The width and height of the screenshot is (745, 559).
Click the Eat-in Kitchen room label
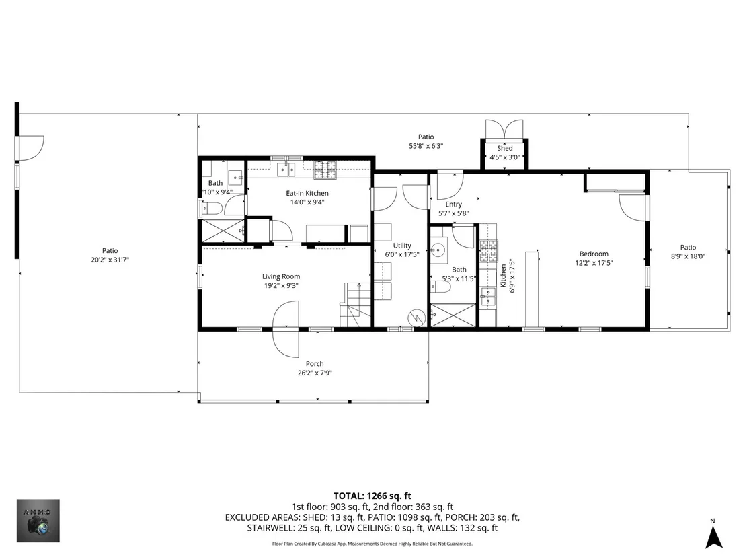[307, 194]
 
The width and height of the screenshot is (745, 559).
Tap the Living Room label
[281, 276]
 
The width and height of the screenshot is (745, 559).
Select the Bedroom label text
[594, 254]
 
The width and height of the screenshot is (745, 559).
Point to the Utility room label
[402, 246]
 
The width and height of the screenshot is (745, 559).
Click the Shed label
[504, 148]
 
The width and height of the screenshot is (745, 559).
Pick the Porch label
[315, 364]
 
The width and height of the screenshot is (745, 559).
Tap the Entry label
[453, 204]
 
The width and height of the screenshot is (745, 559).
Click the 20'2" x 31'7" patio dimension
[110, 260]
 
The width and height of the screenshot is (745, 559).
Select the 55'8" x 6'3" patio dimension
[426, 146]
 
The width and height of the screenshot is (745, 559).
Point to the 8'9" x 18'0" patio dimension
[688, 256]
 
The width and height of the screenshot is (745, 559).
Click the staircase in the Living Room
[355, 304]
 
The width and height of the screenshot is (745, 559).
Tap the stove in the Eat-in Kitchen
[325, 170]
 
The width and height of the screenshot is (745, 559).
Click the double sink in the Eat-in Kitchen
[286, 169]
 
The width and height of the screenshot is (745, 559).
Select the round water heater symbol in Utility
[417, 317]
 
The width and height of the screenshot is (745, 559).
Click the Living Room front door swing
[286, 329]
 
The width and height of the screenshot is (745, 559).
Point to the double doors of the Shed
[504, 129]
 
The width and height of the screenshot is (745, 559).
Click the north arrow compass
[713, 534]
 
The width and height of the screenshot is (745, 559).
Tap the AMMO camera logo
[38, 521]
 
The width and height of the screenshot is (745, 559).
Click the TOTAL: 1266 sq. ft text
[372, 496]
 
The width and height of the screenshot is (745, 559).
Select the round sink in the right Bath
[438, 249]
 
